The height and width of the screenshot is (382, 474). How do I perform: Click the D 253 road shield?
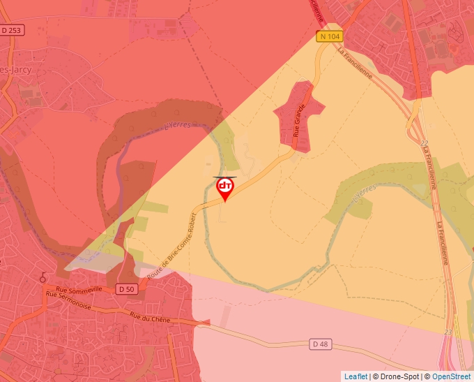tap(12, 30)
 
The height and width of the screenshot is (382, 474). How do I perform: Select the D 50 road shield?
tap(126, 289)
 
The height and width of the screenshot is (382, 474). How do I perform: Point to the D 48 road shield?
tap(319, 344)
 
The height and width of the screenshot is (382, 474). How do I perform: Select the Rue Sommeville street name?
tap(79, 289)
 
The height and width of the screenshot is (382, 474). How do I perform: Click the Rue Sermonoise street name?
tap(70, 299)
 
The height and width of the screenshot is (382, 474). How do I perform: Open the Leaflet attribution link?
tap(355, 376)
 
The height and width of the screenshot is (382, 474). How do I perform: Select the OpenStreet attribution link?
tap(451, 376)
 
